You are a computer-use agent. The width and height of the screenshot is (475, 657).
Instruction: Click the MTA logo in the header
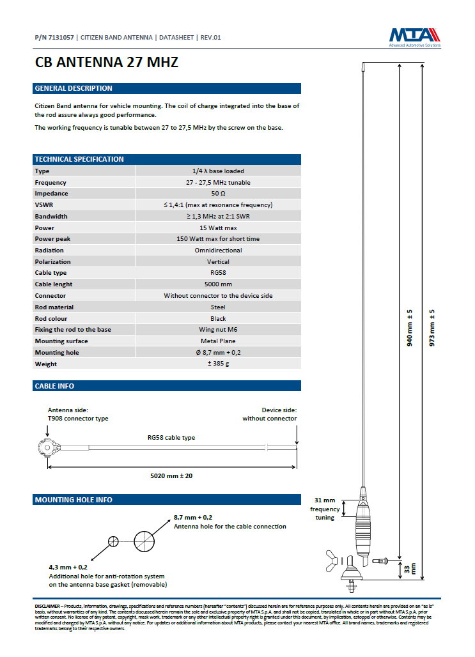415,36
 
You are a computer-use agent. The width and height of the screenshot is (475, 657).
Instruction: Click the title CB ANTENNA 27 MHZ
106,63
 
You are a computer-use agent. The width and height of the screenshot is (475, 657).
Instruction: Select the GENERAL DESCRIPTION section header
74,88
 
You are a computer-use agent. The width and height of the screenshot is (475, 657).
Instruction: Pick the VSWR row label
44,205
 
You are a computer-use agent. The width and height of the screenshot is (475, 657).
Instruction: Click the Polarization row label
52,261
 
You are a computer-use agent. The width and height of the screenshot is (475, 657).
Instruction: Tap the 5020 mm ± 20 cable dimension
171,475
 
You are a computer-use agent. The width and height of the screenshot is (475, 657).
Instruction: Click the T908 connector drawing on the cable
47,447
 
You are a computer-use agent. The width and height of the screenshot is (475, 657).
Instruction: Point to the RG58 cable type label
171,438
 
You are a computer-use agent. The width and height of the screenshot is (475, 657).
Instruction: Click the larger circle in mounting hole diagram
145,541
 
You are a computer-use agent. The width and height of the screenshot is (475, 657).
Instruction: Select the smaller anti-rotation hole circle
113,541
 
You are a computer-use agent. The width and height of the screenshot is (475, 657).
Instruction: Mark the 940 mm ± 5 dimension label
410,327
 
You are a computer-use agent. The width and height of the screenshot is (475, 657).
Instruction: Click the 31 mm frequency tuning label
325,509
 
